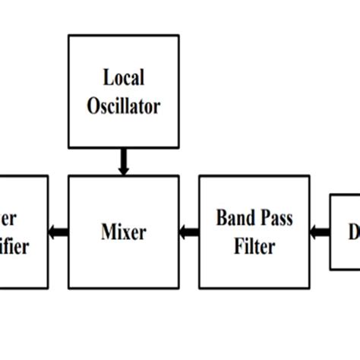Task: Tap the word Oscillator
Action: [123, 106]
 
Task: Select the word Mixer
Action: [123, 232]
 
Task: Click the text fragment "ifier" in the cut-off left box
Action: [15, 246]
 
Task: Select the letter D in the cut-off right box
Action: [354, 232]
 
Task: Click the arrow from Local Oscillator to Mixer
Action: [123, 162]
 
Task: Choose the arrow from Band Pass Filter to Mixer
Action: [189, 232]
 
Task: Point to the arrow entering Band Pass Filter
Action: [320, 232]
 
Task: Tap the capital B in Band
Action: [222, 219]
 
